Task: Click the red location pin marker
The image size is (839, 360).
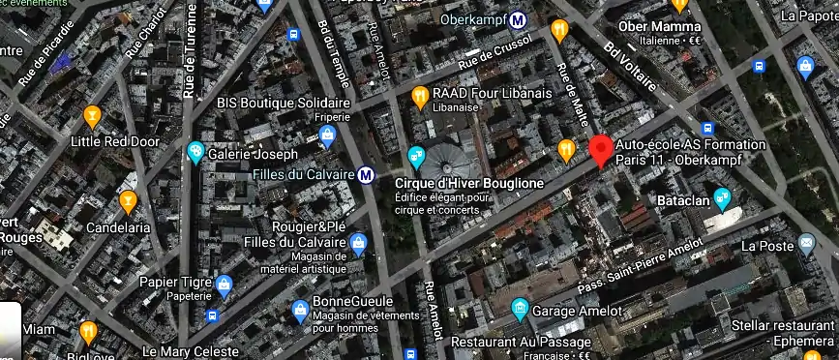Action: [600, 150]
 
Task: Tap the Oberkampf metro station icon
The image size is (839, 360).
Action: [519, 19]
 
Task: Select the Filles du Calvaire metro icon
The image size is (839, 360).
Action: [366, 175]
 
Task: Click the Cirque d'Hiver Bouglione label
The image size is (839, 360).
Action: [468, 182]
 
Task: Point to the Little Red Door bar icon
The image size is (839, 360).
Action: [93, 116]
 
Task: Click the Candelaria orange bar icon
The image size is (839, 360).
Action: [127, 201]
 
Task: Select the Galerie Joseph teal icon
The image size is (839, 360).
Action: [195, 152]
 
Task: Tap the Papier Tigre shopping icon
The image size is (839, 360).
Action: [225, 285]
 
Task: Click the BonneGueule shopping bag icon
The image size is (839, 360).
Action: [300, 311]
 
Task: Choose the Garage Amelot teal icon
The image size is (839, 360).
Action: [520, 310]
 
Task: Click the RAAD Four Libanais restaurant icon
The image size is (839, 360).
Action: [420, 96]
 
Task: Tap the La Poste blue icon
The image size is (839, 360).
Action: [806, 244]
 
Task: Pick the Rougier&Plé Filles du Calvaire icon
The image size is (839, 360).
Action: [359, 242]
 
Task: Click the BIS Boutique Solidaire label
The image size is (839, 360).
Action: [283, 102]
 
